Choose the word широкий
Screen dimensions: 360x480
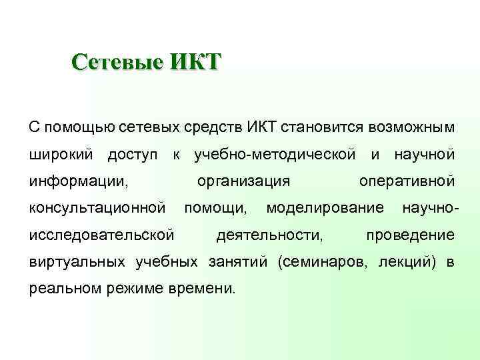(61, 155)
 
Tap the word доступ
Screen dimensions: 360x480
(133, 155)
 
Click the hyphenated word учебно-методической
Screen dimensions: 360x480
(274, 155)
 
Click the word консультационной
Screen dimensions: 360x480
(97, 208)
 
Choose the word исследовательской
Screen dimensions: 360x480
(102, 235)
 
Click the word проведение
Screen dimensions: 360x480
(411, 235)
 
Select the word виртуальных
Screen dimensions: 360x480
(79, 261)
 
